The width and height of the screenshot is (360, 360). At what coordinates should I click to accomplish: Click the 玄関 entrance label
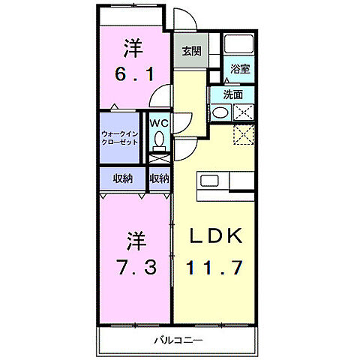tap(190, 52)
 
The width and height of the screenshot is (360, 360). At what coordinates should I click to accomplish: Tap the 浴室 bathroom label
tap(240, 68)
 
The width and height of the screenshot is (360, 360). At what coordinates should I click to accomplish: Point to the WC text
tap(158, 122)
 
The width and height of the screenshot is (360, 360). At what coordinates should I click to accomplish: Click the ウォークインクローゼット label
tap(120, 139)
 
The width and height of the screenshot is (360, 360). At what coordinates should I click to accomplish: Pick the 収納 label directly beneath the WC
tap(159, 178)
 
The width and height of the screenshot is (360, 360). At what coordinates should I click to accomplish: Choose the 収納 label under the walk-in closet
tap(123, 178)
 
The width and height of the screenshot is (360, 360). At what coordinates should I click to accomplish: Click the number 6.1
tap(135, 73)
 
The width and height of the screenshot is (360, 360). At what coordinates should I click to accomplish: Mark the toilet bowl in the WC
tap(158, 139)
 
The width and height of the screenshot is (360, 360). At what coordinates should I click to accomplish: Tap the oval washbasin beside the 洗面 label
tap(220, 113)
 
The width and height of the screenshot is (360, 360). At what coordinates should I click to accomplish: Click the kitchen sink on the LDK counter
tap(208, 181)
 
